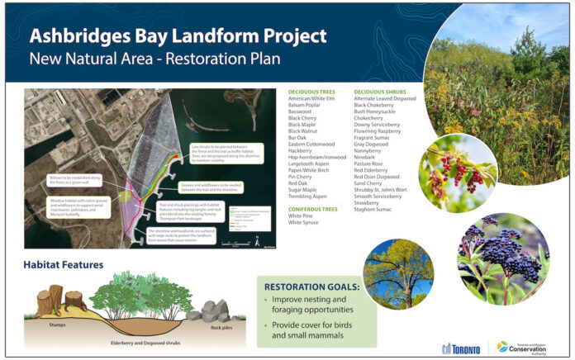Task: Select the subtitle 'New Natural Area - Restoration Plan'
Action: (x=154, y=59)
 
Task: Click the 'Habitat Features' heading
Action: (x=63, y=265)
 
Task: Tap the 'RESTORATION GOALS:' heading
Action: (x=311, y=287)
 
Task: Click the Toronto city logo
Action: (x=460, y=348)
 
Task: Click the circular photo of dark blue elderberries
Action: (x=502, y=258)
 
